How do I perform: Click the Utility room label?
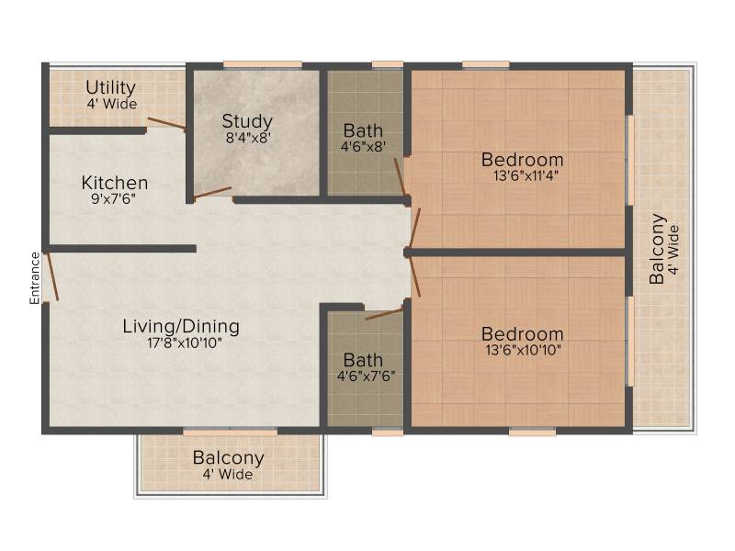110,87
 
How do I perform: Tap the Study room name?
247,121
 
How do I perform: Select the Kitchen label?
114,183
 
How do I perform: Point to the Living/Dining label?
181,326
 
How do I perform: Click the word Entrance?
35,278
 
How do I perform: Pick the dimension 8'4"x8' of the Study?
248,139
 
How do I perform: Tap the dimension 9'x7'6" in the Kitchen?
113,199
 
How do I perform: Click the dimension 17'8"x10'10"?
185,343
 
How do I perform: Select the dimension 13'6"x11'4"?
526,176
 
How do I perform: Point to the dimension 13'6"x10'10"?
523,350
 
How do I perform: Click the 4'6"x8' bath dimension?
363,147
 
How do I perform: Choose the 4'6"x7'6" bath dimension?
366,377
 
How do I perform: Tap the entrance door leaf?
51,276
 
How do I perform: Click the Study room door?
212,193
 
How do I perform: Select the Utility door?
167,123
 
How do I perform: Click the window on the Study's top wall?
263,64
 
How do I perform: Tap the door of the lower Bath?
384,313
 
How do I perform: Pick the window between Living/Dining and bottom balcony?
231,432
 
